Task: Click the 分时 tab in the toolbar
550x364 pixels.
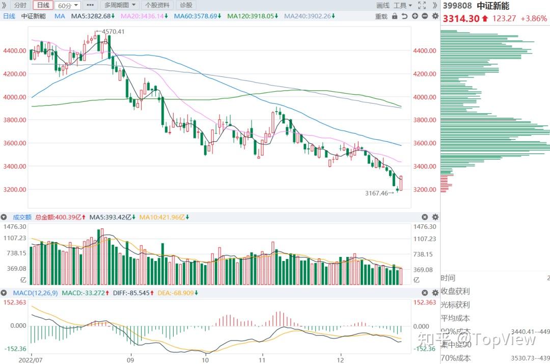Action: pos(20,5)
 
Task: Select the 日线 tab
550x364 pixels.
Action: pos(43,5)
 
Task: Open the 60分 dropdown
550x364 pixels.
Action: pos(67,6)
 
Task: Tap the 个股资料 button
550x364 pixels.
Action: pos(157,5)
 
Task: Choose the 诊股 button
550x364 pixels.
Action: pos(186,5)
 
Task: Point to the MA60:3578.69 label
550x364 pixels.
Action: pos(197,16)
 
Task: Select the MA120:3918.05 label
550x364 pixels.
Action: pos(252,16)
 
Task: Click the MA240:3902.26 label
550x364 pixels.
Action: pos(308,16)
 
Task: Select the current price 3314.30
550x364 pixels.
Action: pos(461,19)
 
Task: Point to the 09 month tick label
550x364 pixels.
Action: pos(131,359)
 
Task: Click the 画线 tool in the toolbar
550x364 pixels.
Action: pos(382,5)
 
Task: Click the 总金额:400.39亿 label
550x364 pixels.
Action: pos(60,217)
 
